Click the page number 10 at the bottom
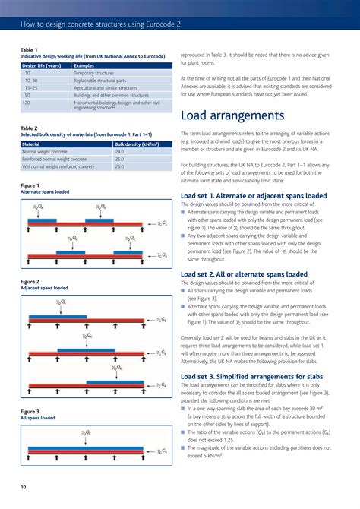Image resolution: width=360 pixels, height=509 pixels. pos(23,485)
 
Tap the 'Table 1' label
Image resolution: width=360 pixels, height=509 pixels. pos(29,50)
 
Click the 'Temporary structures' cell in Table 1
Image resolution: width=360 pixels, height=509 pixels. pos(95,73)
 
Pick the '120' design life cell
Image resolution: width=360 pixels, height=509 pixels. pos(27,102)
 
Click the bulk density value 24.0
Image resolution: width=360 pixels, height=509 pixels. pos(119,152)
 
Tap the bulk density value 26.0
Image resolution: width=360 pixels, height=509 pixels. pos(119,166)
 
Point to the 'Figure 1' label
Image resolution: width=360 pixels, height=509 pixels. pos(30,185)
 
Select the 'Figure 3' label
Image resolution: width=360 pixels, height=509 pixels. pos(30,411)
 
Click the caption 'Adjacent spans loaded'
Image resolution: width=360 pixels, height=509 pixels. pos(44,289)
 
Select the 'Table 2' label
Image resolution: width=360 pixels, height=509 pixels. pos(29,128)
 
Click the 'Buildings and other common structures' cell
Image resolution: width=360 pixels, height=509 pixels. pos(111,95)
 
